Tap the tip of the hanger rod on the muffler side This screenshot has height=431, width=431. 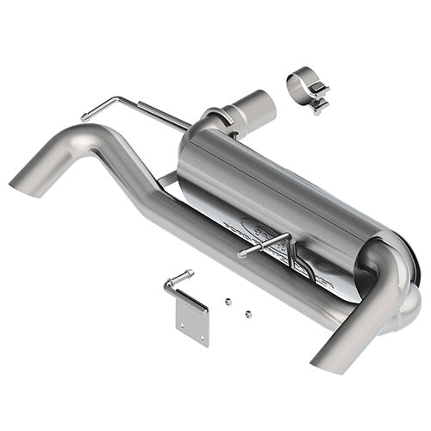click(x=242, y=253)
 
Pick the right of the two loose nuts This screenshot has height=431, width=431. click(x=248, y=314)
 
